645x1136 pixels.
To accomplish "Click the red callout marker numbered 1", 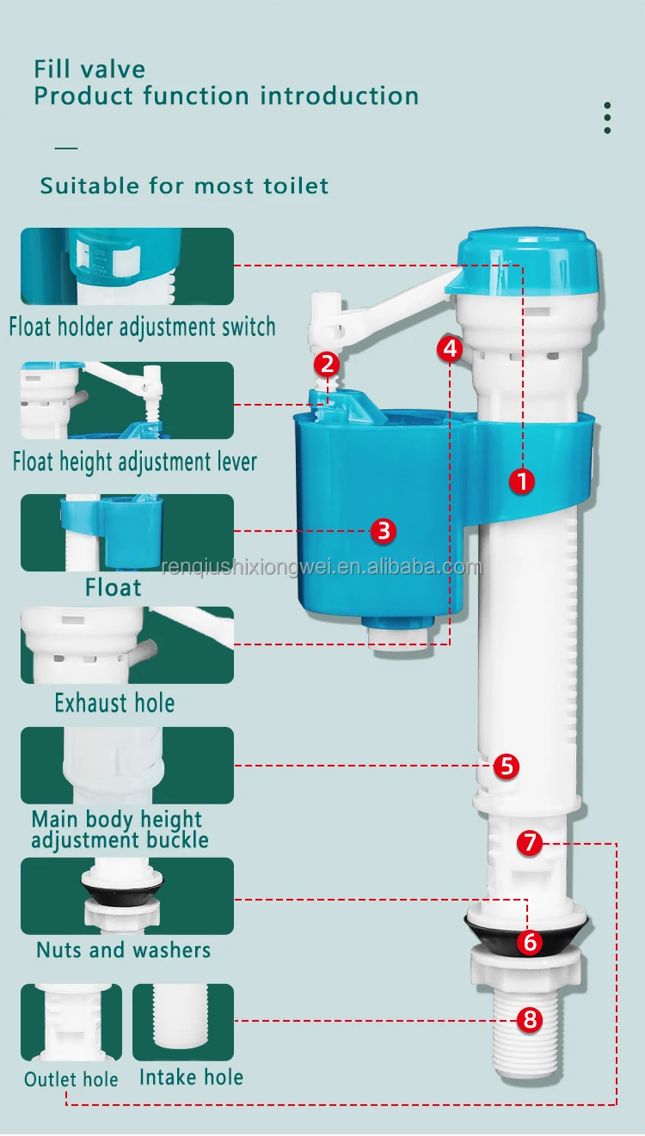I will click(521, 481).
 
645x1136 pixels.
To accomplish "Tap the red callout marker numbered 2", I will click(326, 363).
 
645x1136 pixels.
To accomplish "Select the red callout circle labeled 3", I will click(384, 530).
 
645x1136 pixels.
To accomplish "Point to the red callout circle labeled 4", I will click(450, 348).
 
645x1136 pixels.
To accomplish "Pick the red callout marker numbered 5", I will click(507, 765).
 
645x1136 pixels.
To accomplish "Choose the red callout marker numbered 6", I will click(530, 942).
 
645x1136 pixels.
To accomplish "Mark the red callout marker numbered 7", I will click(530, 843).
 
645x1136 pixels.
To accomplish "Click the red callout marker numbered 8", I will click(530, 1020).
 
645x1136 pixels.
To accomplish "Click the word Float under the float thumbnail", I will click(113, 588).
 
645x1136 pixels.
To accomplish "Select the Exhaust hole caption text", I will click(114, 703).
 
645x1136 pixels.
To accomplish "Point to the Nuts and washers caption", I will click(123, 950).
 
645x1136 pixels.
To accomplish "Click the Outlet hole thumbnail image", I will click(71, 1023).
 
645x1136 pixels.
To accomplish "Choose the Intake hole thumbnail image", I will click(183, 1023).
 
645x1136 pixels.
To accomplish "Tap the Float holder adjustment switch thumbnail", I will click(127, 266).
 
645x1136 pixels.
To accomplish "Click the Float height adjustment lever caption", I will click(134, 462).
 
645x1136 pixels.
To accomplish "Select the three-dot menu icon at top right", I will click(607, 118).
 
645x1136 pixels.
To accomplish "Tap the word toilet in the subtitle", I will click(297, 186).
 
